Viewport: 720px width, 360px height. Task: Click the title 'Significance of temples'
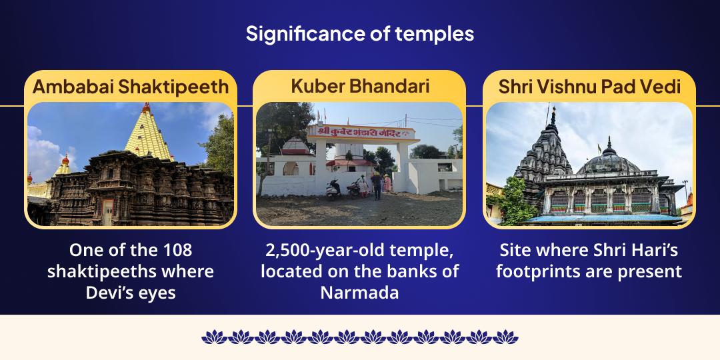tap(360, 33)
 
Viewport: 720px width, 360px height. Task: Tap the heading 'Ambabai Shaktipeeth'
tap(131, 86)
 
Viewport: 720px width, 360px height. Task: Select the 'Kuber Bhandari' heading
tap(360, 86)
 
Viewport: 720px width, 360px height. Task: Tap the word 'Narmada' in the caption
tap(359, 292)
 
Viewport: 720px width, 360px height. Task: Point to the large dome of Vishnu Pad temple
tap(607, 162)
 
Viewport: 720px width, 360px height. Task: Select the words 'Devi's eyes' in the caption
tap(131, 292)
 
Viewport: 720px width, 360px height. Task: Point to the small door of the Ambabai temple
tap(107, 213)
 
